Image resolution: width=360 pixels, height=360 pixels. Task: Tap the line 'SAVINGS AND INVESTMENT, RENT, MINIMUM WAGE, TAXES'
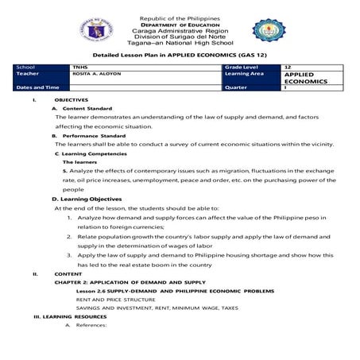136,308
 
